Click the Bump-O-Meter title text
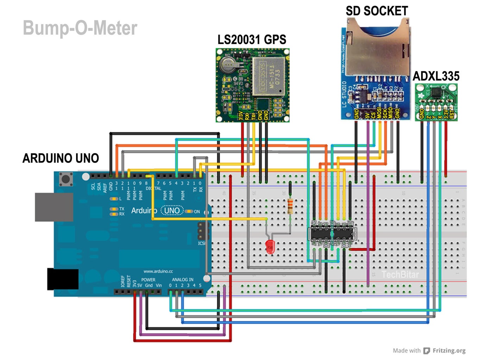80,28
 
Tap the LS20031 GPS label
252,40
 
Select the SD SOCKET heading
377,11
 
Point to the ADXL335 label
436,76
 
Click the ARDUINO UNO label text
61,158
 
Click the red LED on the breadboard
270,246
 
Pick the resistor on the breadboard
290,206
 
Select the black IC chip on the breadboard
333,234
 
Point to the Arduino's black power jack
63,279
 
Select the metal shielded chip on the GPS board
268,77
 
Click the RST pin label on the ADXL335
452,114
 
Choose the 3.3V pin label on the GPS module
241,116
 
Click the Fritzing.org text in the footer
449,351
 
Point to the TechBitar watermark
400,275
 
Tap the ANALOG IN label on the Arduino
182,279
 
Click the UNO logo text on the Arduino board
172,211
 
